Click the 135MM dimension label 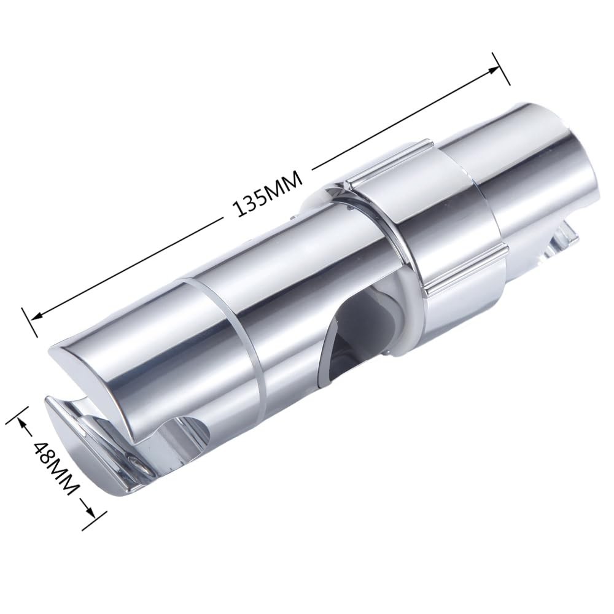(268, 193)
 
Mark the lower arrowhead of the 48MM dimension (90, 507)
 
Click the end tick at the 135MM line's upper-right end (500, 67)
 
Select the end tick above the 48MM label (15, 415)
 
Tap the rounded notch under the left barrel (184, 430)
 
